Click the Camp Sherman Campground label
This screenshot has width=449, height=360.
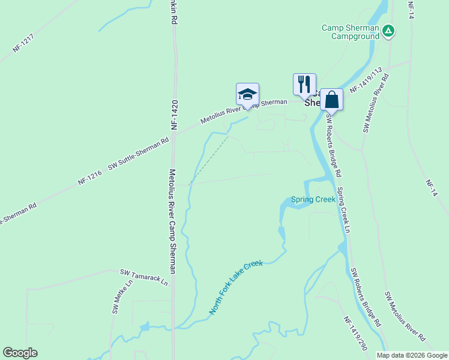(x=351, y=32)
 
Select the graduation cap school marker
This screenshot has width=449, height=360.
(x=247, y=94)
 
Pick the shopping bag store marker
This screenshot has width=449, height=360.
(x=331, y=99)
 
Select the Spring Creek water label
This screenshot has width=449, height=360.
(x=313, y=200)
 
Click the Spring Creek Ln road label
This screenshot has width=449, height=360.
(x=343, y=210)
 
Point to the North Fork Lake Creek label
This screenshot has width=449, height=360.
(x=236, y=287)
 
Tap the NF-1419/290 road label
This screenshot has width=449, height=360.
(x=355, y=333)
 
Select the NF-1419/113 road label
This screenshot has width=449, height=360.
(x=366, y=80)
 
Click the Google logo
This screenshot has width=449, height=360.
(x=20, y=353)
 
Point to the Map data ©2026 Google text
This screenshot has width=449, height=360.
(x=412, y=355)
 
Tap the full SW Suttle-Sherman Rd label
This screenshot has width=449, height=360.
(x=139, y=155)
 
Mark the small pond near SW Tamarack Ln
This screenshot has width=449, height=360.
(x=145, y=327)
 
